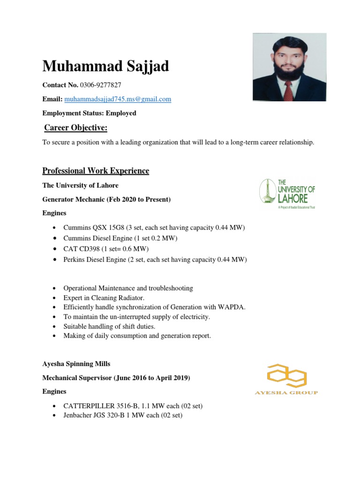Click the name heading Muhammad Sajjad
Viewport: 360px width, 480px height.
(105, 66)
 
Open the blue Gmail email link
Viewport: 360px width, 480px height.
(118, 99)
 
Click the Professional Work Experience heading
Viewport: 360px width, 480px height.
(96, 171)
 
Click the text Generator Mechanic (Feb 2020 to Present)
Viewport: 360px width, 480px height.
(106, 199)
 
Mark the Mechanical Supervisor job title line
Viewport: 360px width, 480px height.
(116, 377)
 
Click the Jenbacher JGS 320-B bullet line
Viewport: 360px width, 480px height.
(123, 416)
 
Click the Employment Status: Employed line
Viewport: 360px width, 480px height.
(90, 113)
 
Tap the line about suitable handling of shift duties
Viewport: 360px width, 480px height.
(109, 326)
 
